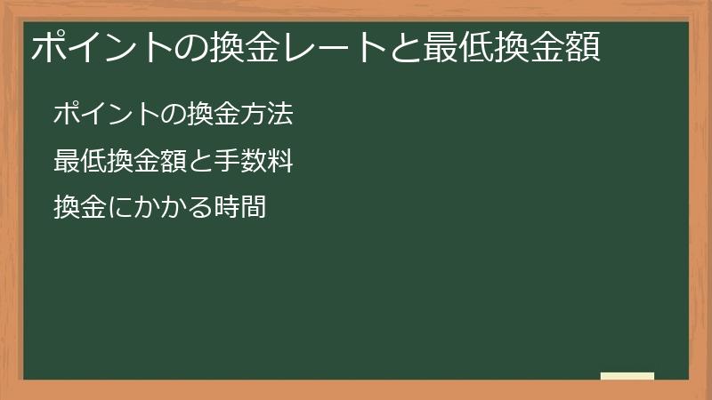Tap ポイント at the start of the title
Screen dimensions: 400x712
click(x=103, y=46)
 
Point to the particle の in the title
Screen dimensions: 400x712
click(x=191, y=46)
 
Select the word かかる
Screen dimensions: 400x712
click(x=174, y=208)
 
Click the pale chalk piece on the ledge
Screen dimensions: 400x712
click(x=627, y=376)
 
